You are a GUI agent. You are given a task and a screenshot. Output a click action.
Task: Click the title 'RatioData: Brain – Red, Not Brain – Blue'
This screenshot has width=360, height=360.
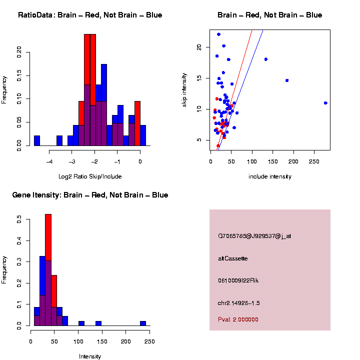[x=90, y=15]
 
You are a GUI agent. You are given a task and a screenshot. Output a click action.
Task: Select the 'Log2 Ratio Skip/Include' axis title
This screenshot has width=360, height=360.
[x=90, y=176]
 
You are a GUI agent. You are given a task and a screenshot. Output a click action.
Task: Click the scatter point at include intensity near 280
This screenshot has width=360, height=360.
[x=325, y=103]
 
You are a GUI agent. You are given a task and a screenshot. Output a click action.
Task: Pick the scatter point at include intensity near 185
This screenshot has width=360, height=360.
[x=287, y=80]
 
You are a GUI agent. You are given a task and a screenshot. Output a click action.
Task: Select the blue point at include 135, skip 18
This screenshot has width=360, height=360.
[x=266, y=59]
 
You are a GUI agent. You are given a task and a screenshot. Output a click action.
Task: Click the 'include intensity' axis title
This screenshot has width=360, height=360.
[x=269, y=176]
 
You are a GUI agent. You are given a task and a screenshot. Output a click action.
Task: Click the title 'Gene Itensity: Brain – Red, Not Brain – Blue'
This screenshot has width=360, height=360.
[x=90, y=195]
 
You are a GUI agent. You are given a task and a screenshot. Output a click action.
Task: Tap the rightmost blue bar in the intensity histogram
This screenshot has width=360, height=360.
[x=143, y=323]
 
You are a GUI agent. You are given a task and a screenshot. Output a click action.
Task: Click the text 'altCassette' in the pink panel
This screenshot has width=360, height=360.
[x=233, y=258]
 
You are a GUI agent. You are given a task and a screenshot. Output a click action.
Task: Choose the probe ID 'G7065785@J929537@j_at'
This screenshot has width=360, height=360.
[x=254, y=236]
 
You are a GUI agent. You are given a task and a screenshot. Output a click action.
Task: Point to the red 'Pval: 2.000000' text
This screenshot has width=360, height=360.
[x=238, y=319]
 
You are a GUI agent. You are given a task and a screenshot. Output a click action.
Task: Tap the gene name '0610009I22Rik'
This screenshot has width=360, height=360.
[x=238, y=280]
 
